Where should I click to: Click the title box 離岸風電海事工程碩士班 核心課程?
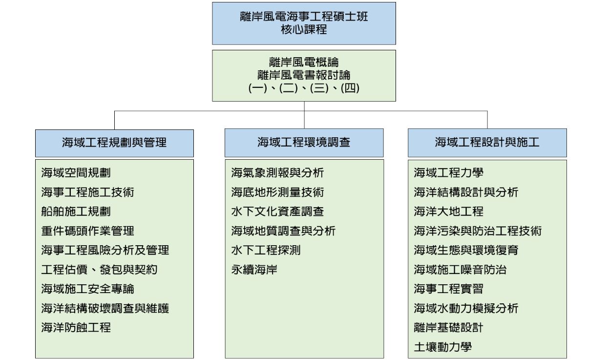coord(304,23)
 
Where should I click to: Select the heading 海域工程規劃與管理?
coord(114,143)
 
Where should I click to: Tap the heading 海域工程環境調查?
coord(304,142)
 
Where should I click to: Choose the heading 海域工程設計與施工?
coord(487,142)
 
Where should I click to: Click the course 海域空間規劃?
coord(76,173)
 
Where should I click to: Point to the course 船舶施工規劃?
coord(76,212)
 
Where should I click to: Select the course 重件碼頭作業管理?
coord(87,231)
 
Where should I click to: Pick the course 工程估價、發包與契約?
coord(99,270)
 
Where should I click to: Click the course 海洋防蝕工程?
coord(76,327)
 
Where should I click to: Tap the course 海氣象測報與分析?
coord(277,173)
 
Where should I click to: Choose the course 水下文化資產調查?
coord(277,212)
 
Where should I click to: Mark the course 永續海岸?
coord(254,270)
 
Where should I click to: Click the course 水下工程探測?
coord(266,250)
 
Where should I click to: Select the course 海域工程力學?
coord(448,173)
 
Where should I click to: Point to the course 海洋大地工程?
coord(448,212)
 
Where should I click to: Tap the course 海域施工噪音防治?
coord(460,270)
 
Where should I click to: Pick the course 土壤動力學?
coord(443,347)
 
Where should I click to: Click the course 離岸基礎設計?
coord(448,327)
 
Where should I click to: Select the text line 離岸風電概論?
coord(304,62)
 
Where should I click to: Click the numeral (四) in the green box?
coord(350,88)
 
